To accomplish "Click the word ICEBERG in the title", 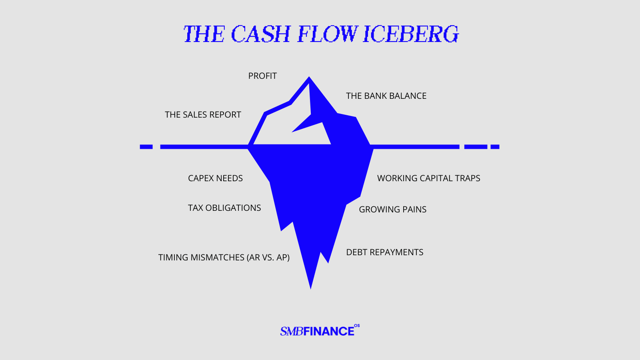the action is coord(411,34).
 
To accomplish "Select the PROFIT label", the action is coord(262,76).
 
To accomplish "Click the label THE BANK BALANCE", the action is coord(386,96).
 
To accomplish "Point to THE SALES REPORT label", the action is coord(203,115).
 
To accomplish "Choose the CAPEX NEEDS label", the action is coord(215,178).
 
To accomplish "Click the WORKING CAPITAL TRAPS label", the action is coord(428,178).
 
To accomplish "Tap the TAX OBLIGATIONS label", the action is coord(224,208).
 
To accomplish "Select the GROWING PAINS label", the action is coord(392,210).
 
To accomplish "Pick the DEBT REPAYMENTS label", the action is coord(384,252).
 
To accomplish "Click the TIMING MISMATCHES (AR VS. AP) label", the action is coord(224,258).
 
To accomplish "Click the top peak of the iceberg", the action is coord(309,77).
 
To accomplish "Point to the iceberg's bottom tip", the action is coord(310,288).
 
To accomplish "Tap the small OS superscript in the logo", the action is coord(357,326).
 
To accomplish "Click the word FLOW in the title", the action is coord(328,34).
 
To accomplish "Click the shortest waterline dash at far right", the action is coord(495,147).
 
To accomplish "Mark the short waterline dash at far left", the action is coord(146,147).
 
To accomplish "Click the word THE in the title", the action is coord(204,34).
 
